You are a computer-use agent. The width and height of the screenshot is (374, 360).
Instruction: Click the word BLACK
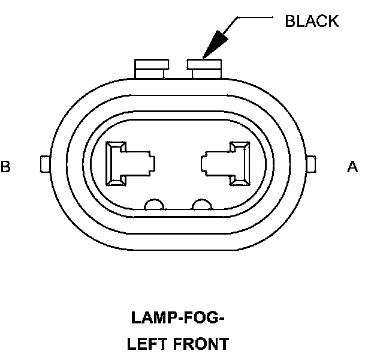312,22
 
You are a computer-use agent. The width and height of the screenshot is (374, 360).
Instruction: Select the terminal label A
352,167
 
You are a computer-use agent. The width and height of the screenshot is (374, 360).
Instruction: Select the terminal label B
6,167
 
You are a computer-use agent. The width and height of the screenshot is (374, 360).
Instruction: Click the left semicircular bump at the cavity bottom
155,205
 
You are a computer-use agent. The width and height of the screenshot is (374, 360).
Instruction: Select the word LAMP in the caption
151,318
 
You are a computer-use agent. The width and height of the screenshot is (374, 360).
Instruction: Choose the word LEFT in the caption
145,344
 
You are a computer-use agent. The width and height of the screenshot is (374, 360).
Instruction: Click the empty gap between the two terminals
178,163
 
